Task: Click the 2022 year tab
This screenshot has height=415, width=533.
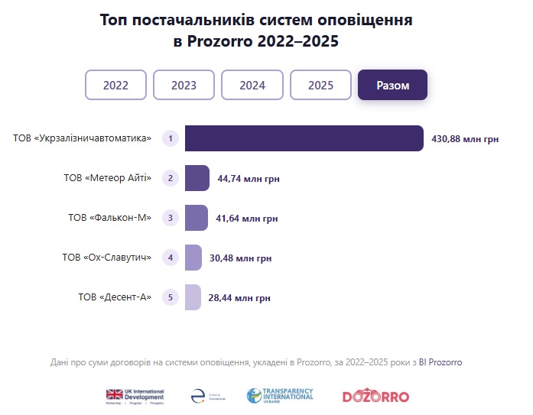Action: (115, 85)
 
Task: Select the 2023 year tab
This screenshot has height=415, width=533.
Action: (184, 85)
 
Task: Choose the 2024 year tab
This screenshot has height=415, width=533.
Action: (252, 85)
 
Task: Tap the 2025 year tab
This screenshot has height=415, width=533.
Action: (320, 85)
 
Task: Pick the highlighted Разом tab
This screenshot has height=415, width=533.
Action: (392, 85)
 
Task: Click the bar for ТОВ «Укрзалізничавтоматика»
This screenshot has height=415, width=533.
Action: (304, 138)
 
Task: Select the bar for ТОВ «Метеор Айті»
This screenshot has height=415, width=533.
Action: (197, 178)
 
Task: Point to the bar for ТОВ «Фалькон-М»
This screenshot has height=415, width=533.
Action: (196, 218)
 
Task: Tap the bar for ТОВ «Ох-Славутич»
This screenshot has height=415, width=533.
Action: (193, 258)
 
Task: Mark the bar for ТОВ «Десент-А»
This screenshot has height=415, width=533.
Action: (192, 297)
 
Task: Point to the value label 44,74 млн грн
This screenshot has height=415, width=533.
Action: (249, 179)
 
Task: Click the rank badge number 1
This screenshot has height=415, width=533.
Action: (171, 138)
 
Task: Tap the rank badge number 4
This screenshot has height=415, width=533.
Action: (171, 258)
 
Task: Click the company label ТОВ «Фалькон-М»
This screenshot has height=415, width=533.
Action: (110, 218)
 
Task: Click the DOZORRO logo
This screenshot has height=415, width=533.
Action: (375, 397)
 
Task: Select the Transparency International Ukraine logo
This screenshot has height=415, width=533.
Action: (280, 396)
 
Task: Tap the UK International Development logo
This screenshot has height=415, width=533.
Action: (135, 396)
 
